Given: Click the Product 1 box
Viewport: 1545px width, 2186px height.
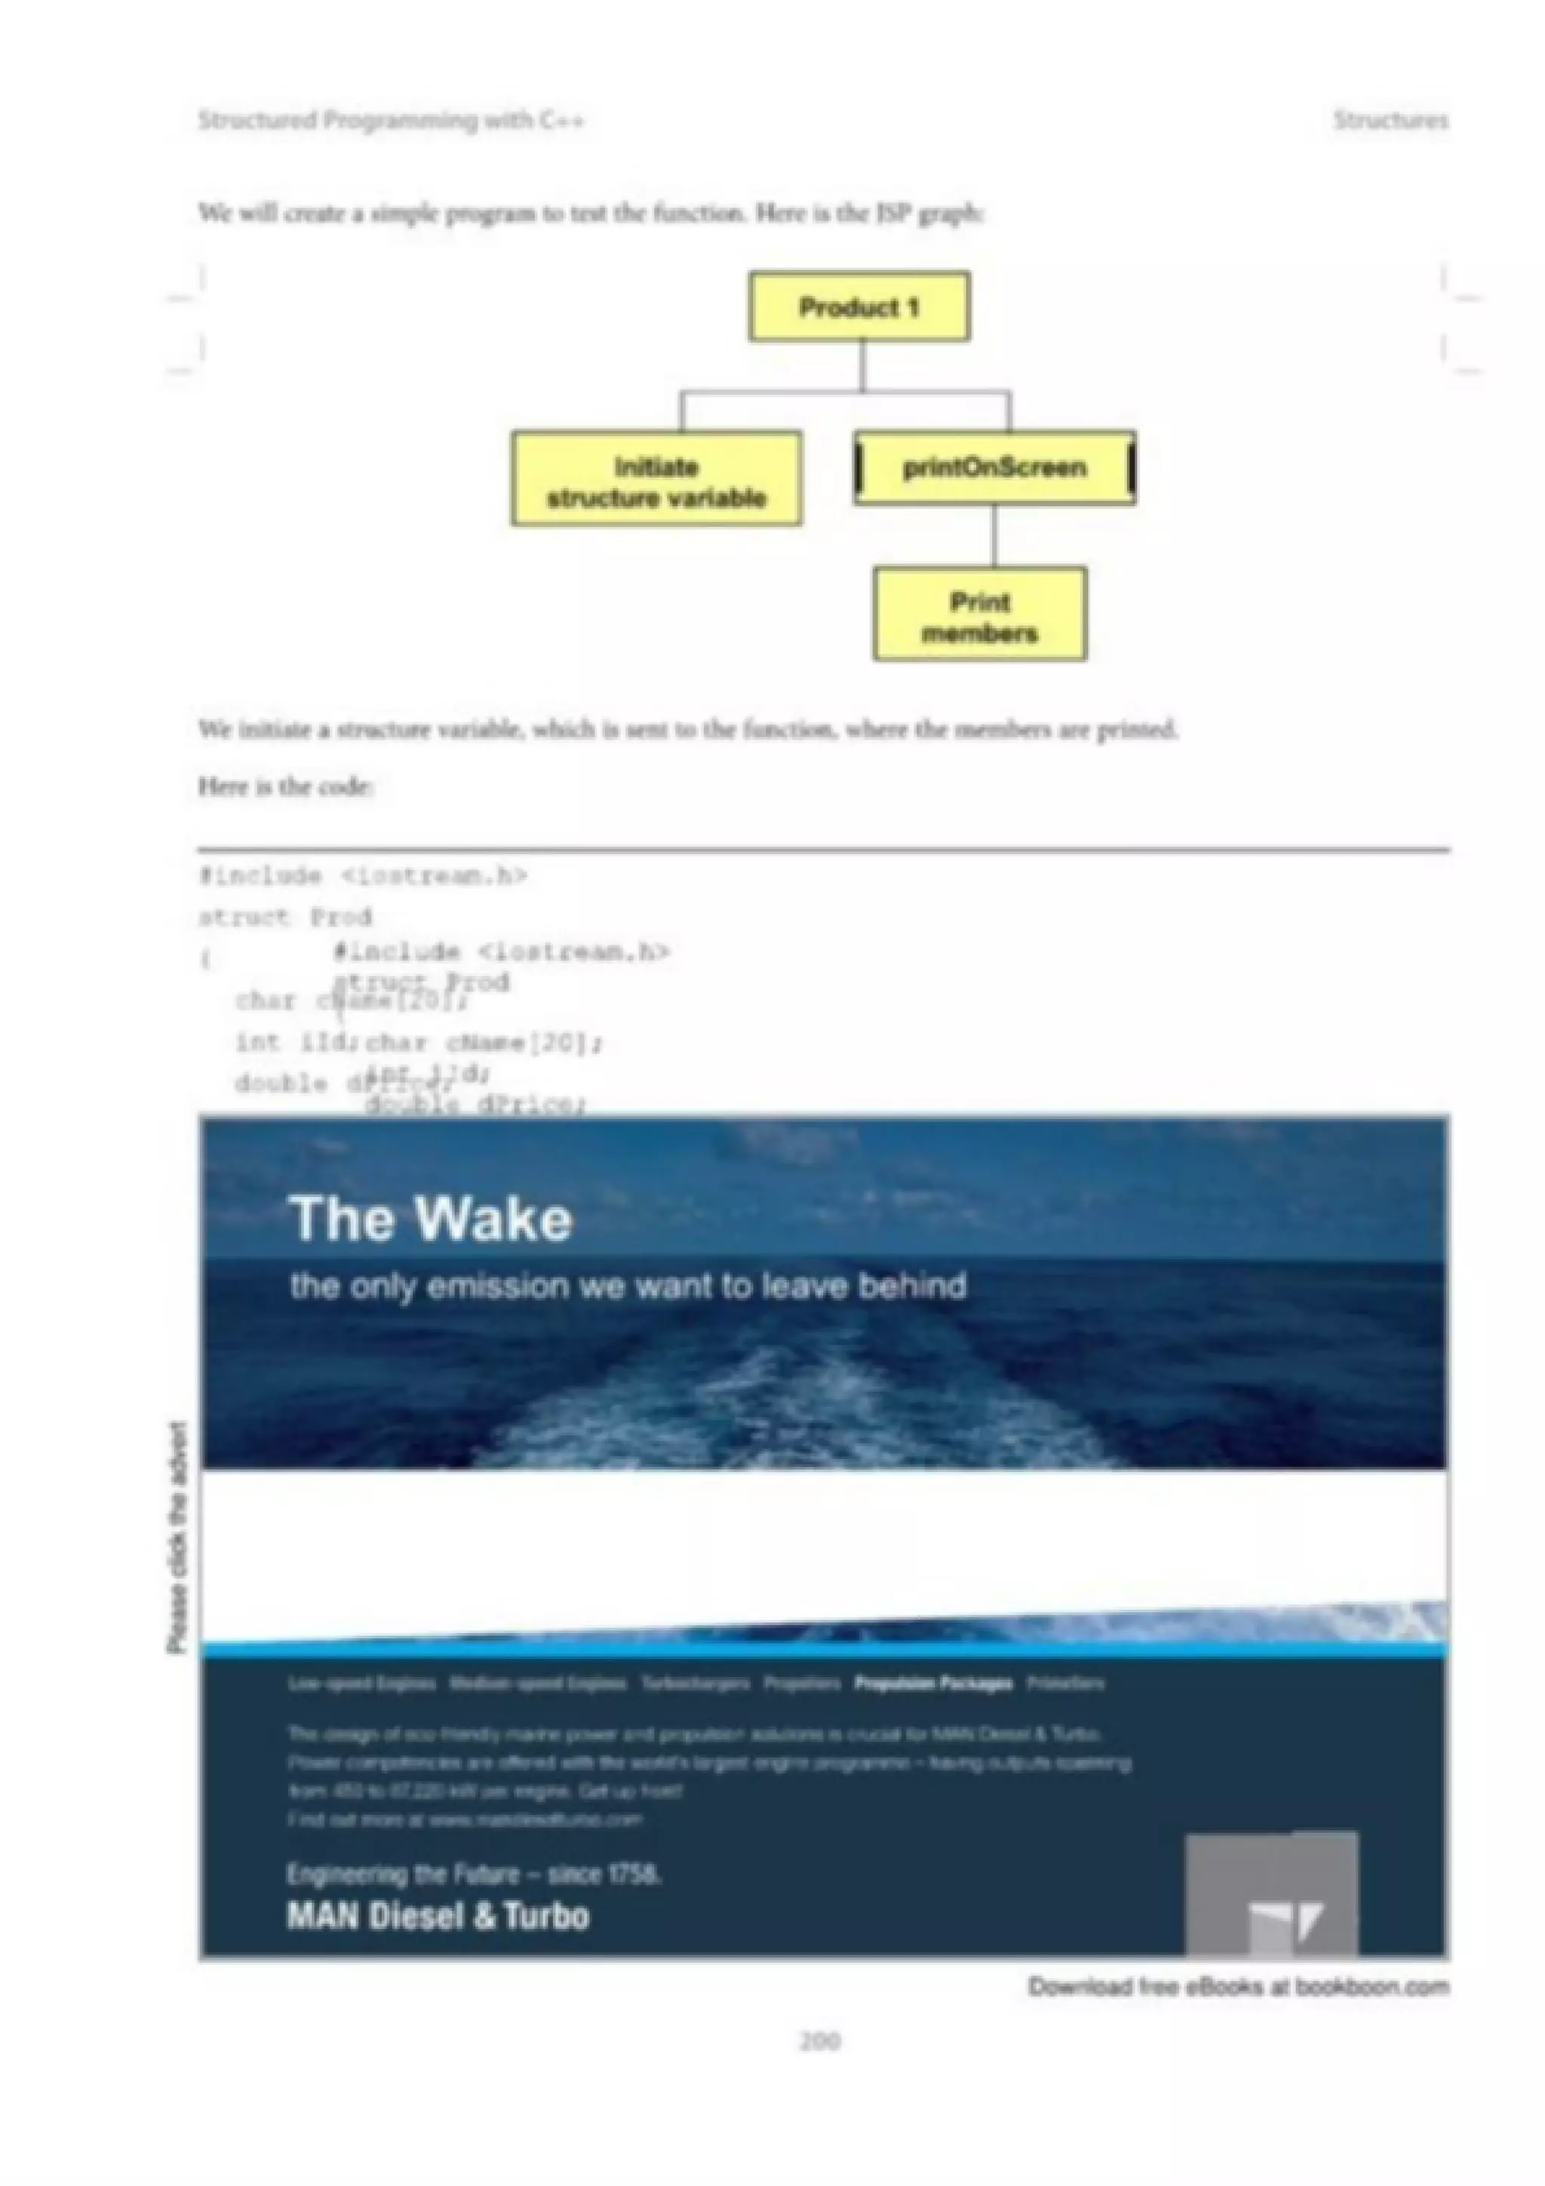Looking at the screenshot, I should (859, 306).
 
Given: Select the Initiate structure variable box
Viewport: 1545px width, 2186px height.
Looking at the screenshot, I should (656, 479).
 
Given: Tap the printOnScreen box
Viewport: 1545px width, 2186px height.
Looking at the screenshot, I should (994, 468).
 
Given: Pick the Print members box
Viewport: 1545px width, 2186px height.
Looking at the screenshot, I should (978, 614).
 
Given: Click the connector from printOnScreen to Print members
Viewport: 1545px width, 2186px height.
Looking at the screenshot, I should (994, 536).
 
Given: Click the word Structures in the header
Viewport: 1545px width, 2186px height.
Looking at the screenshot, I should (1390, 120).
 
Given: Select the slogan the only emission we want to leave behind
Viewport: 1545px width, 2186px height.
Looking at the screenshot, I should (628, 1286).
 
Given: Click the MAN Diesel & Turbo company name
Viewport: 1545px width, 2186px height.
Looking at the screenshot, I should (438, 1916).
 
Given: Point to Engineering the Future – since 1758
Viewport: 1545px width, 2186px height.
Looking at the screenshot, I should (473, 1874).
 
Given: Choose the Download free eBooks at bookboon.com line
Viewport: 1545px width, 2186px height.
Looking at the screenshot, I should (1237, 1987).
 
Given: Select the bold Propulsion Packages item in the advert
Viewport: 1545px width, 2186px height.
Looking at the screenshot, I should (933, 1684).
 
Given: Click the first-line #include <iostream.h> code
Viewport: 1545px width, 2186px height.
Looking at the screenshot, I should (362, 876).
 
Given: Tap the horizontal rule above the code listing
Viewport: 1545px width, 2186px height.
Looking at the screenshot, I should (824, 849).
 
